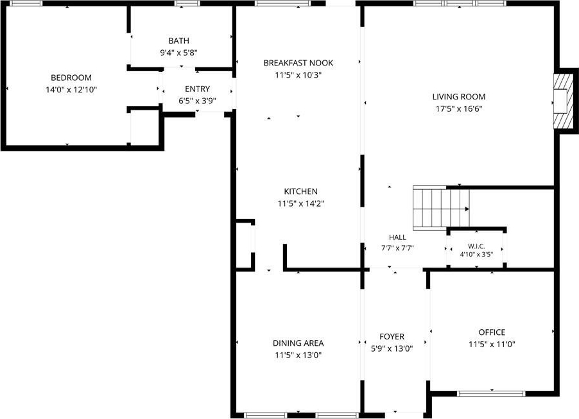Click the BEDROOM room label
(x=71, y=78)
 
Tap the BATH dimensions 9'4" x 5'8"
(x=178, y=53)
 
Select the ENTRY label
(x=197, y=89)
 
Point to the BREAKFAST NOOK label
(x=298, y=63)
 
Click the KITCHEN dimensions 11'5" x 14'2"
(x=301, y=203)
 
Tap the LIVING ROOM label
(x=459, y=97)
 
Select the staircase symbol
(x=441, y=209)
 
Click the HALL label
(x=397, y=237)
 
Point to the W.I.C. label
(x=476, y=246)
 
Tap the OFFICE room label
(x=492, y=332)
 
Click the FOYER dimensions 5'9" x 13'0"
(x=392, y=348)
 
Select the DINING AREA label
(x=298, y=343)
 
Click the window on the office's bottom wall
(x=491, y=393)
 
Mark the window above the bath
(x=187, y=3)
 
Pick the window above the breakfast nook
(x=282, y=3)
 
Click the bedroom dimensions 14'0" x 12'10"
(x=71, y=90)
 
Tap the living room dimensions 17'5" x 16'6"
(x=459, y=109)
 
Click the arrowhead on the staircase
(x=467, y=209)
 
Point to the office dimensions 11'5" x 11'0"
(x=492, y=345)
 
